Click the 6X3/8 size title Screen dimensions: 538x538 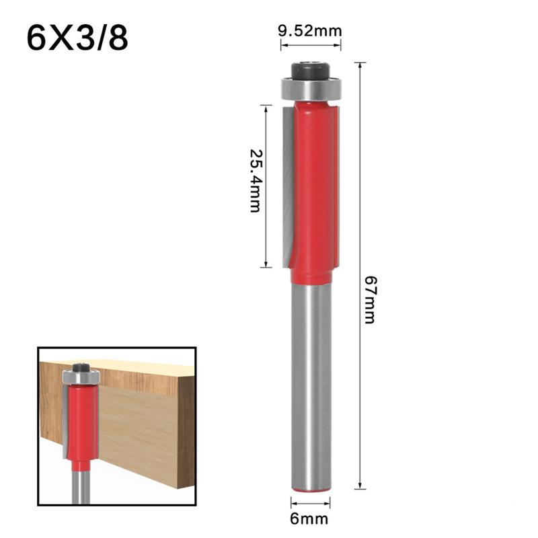(x=77, y=39)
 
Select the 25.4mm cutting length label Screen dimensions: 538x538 (x=254, y=180)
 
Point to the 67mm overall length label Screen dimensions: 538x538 (x=369, y=299)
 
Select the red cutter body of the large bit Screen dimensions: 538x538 (x=313, y=188)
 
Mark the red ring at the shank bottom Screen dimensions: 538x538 (x=311, y=491)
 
